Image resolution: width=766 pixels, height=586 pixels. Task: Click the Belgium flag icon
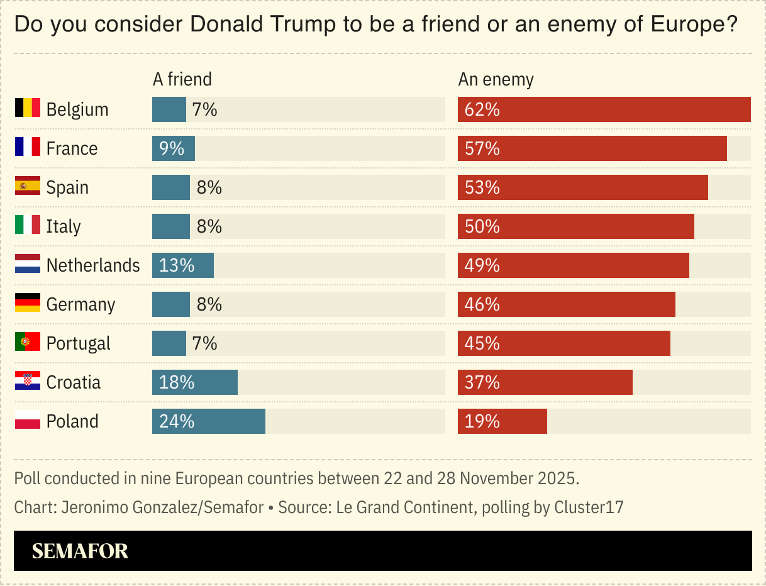[28, 108]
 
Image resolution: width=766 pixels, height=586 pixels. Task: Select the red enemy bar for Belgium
[604, 109]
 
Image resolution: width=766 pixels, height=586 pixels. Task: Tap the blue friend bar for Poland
[208, 421]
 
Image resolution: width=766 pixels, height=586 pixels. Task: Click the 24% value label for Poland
[177, 421]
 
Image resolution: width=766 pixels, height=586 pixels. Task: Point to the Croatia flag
[28, 381]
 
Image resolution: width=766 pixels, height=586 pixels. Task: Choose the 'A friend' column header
[182, 79]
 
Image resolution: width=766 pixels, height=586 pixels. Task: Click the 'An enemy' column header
[496, 79]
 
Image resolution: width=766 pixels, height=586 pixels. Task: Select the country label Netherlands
[93, 265]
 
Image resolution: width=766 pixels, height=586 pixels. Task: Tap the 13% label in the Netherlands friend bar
[177, 265]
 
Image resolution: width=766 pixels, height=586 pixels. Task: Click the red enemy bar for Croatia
[545, 382]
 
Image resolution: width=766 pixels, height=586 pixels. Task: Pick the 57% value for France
[482, 148]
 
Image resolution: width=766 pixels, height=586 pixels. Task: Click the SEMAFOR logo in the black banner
[80, 551]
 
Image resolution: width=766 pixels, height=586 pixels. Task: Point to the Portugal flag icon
[28, 342]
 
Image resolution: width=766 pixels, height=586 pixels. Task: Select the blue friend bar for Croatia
[194, 382]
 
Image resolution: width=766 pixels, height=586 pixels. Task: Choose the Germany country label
[80, 304]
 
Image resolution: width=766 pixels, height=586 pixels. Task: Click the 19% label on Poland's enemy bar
[482, 421]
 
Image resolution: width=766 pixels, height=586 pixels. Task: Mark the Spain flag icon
[28, 186]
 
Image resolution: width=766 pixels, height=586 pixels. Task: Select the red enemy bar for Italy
[575, 226]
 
